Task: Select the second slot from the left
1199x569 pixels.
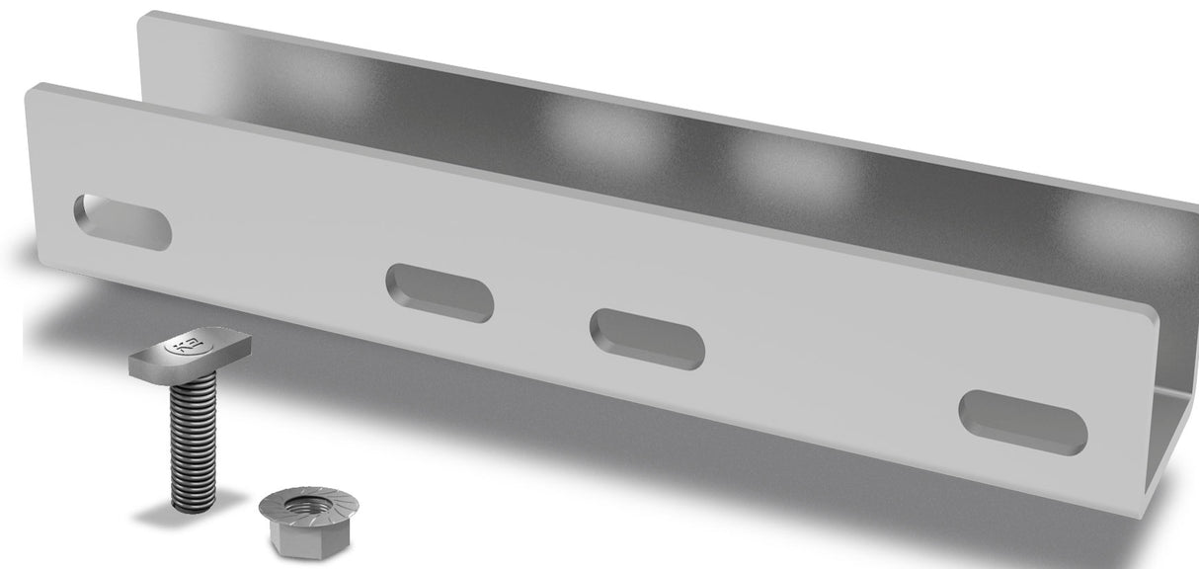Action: coord(440,292)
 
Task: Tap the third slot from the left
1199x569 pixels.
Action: coord(647,338)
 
